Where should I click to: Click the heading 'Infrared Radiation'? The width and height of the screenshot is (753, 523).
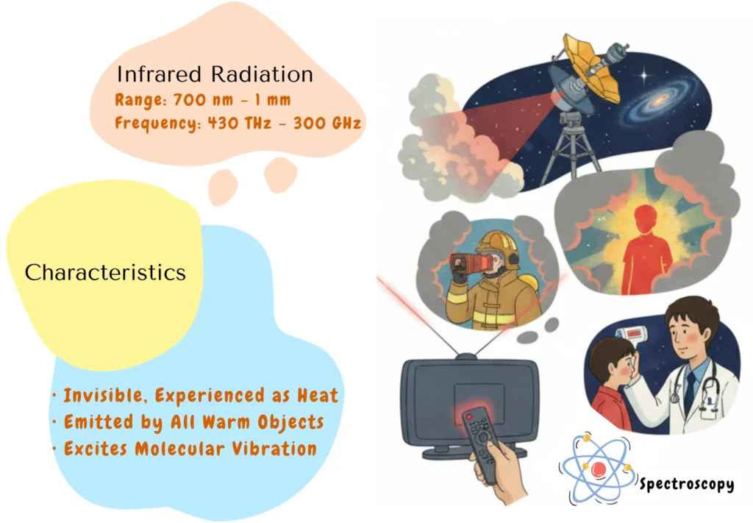tap(215, 74)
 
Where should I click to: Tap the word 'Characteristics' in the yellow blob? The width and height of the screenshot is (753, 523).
tap(105, 272)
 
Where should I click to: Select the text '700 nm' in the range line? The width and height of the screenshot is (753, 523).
tap(196, 99)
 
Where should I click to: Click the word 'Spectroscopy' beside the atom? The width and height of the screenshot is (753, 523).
tap(686, 484)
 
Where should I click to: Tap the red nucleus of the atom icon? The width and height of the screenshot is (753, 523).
tap(599, 469)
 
